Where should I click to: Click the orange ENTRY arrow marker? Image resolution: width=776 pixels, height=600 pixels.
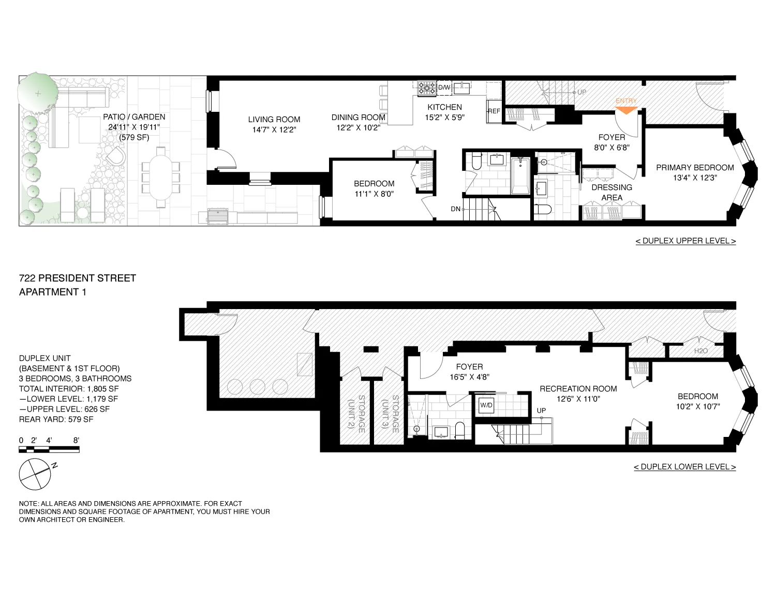(626, 110)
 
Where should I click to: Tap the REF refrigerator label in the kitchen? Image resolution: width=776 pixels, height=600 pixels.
(494, 111)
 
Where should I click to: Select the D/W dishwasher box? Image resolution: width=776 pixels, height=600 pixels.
(444, 87)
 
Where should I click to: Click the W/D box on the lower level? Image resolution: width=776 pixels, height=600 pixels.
(486, 405)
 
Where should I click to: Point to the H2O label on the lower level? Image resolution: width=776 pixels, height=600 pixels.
(700, 351)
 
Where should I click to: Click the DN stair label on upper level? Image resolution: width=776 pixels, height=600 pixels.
(455, 209)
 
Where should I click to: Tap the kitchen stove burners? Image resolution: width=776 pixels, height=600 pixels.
(427, 89)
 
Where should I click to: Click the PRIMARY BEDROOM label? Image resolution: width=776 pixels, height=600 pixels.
(695, 167)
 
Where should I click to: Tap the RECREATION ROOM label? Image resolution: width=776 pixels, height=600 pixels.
(578, 388)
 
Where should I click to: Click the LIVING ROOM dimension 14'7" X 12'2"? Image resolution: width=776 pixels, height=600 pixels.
(274, 129)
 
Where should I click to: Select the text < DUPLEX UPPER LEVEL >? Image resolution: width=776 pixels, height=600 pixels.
(685, 241)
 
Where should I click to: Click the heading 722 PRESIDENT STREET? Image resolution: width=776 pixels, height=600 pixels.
(78, 278)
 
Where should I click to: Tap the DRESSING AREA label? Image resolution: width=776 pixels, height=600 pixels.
(611, 192)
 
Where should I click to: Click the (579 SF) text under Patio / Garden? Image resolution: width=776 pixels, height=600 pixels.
(134, 137)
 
